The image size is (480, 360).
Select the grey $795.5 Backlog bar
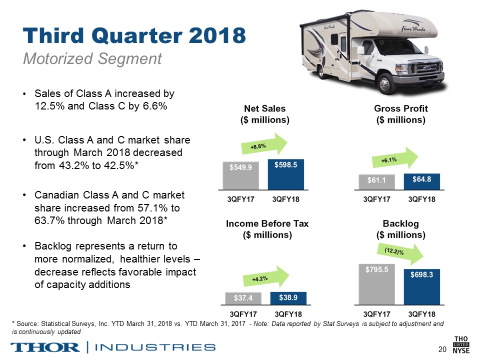coord(376,283)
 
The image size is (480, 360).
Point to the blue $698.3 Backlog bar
coord(421,286)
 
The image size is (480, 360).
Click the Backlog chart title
coord(400,229)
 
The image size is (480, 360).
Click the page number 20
coord(441,348)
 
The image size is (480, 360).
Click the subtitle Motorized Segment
coord(92,59)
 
